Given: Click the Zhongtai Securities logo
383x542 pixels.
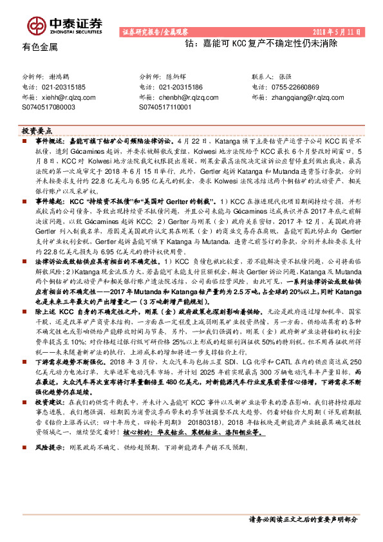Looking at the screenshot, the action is coord(65,24).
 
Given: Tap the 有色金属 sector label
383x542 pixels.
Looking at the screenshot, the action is coord(40,47).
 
